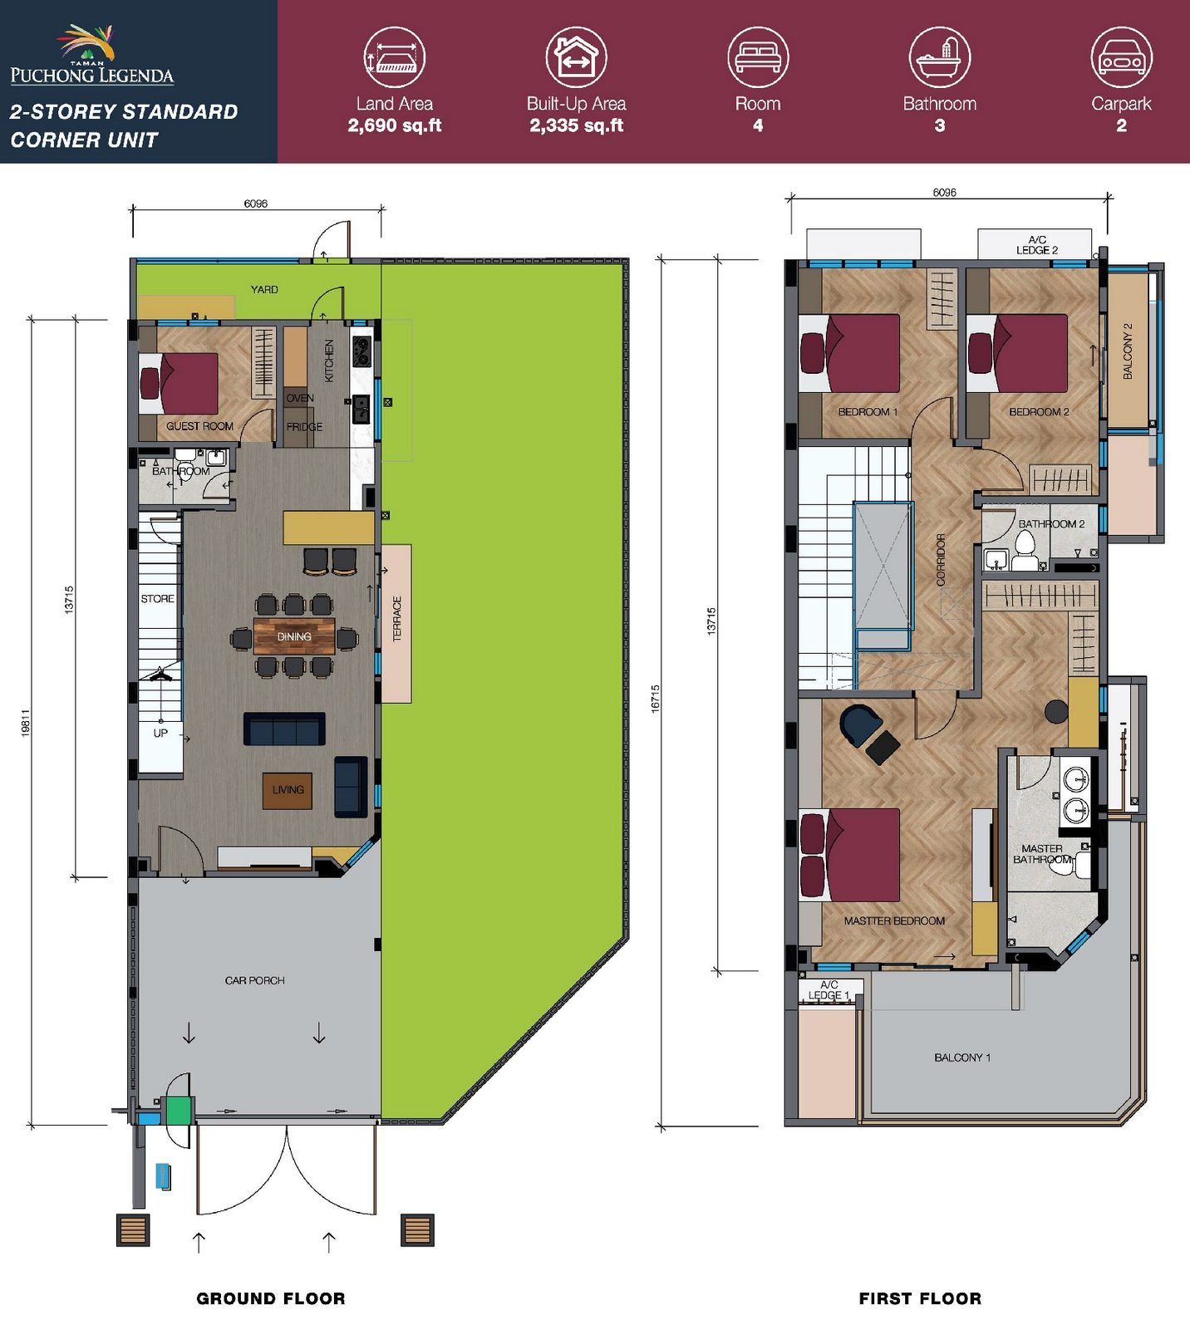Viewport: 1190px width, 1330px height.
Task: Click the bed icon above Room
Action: click(x=758, y=56)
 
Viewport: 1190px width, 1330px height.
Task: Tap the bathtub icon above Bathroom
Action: click(x=939, y=56)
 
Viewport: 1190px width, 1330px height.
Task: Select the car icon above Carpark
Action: click(x=1121, y=56)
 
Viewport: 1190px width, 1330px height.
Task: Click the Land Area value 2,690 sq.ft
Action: click(x=395, y=125)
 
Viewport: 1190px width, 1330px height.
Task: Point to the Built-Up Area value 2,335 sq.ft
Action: click(x=577, y=125)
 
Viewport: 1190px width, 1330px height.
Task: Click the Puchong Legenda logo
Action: click(x=92, y=55)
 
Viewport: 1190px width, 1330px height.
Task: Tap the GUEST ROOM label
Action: click(x=199, y=426)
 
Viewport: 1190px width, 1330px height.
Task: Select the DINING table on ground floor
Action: click(x=294, y=636)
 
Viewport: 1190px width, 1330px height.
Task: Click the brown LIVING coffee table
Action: click(x=288, y=790)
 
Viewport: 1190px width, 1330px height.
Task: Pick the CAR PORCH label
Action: click(x=254, y=980)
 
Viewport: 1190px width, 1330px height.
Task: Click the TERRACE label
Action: click(x=396, y=619)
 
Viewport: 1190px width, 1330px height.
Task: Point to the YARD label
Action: click(x=264, y=289)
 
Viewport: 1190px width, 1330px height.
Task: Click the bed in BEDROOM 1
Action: click(x=849, y=352)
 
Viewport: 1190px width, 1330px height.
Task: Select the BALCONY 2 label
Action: click(x=1128, y=351)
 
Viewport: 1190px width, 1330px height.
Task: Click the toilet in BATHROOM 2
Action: click(x=1025, y=551)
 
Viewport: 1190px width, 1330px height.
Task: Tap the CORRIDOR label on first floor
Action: click(x=941, y=560)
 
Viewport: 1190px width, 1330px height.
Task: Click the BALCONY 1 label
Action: click(x=962, y=1058)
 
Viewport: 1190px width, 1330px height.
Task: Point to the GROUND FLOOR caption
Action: click(x=271, y=1298)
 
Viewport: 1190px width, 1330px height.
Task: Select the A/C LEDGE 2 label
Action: click(x=1037, y=245)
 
